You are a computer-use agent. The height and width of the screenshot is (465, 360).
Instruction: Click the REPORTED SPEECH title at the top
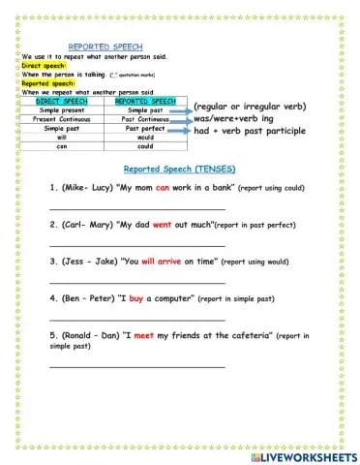click(105, 46)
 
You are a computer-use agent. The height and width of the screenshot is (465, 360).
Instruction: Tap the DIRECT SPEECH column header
click(66, 100)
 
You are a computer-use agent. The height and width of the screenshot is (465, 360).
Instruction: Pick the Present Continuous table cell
click(66, 118)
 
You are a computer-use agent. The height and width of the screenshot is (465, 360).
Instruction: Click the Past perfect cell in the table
click(145, 128)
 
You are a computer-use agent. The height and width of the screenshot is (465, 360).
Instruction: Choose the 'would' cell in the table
click(145, 137)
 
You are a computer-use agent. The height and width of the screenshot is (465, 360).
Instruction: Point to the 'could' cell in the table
click(145, 145)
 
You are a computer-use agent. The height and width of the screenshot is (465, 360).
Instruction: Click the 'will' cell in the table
click(66, 137)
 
